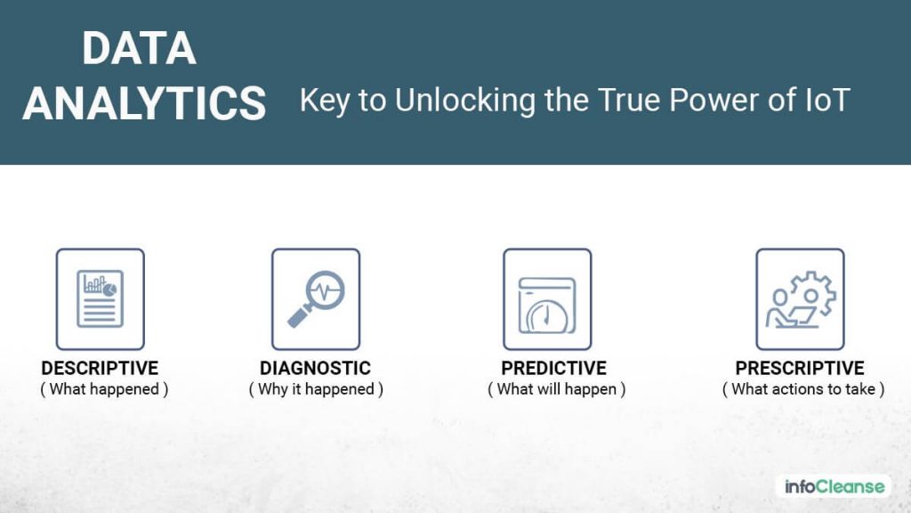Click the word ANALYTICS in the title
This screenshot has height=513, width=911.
[x=144, y=103]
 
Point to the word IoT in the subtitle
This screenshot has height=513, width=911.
[x=825, y=100]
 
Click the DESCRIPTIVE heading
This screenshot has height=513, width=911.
[x=100, y=368]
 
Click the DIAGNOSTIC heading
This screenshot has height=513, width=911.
[x=315, y=368]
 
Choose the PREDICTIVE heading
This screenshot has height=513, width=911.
[x=553, y=368]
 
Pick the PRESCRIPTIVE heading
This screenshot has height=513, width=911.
[x=800, y=368]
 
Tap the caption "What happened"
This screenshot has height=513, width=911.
[x=104, y=389]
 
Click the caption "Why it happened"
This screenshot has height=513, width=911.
[x=316, y=389]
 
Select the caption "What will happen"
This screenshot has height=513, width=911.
[x=557, y=389]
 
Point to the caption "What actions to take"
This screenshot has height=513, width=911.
[x=802, y=389]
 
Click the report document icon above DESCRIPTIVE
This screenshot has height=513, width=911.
[x=100, y=298]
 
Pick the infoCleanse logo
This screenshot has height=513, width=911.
[x=834, y=486]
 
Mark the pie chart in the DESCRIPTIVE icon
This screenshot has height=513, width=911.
[x=109, y=289]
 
